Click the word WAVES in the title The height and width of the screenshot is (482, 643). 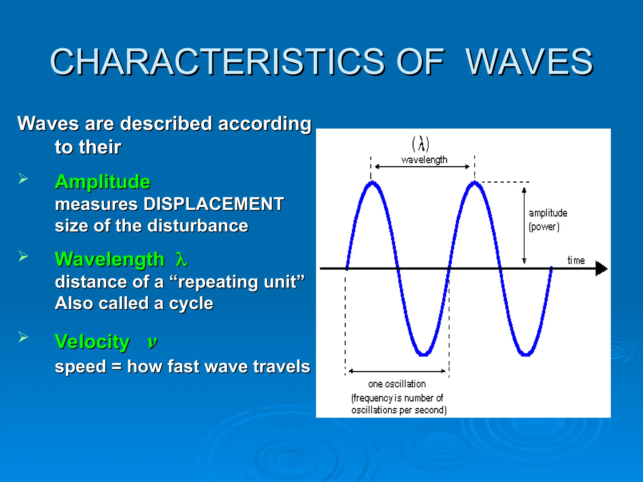pos(529,62)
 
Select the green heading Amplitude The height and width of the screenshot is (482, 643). pos(103,182)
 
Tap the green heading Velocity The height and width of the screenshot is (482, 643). pos(92,341)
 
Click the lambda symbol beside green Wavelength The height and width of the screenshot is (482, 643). pos(181,260)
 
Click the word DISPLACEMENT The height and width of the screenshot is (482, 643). pos(213,204)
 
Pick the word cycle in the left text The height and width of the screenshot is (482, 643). pos(191,303)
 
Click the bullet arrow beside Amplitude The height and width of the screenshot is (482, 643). pos(23,179)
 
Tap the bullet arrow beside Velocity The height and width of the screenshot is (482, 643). pos(23,337)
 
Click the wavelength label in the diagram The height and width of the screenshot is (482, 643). pos(424,160)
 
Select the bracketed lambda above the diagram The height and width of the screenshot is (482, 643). pos(420,144)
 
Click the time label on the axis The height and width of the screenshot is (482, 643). pos(576,260)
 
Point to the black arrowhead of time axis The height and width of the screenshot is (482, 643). pos(601,269)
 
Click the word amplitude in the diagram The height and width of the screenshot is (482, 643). pos(548,213)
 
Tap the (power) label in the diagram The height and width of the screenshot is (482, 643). pos(544,227)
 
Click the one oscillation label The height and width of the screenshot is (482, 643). pos(397,384)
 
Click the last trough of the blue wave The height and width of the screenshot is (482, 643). pos(526,354)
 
